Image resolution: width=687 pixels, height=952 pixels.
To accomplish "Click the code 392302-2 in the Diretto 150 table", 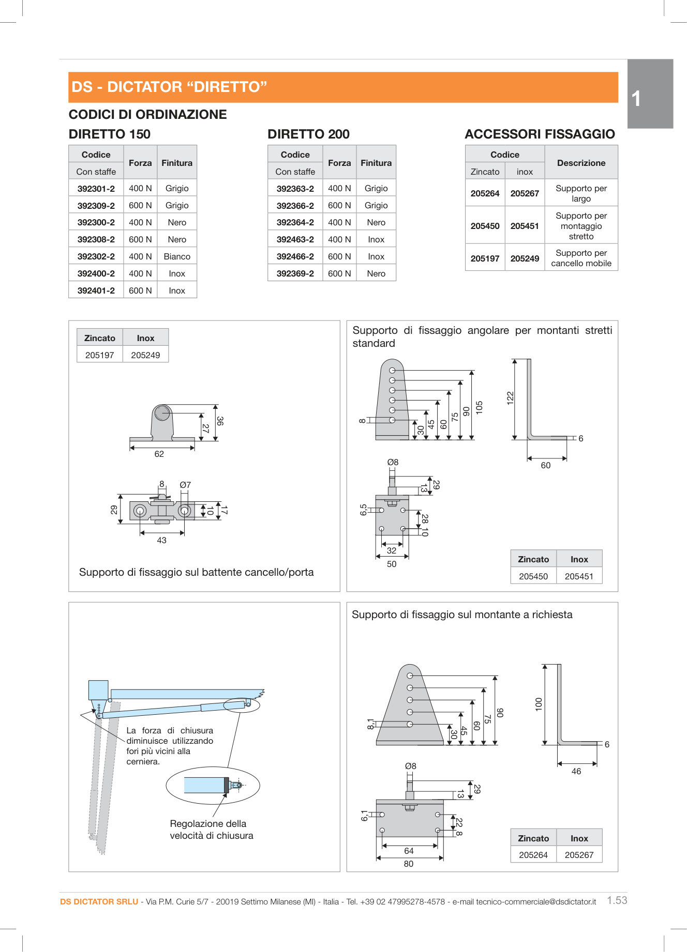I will click(x=96, y=256).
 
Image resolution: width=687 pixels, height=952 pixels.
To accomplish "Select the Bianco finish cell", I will click(x=177, y=256).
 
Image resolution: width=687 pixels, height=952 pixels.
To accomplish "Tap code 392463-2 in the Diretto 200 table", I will click(x=295, y=239).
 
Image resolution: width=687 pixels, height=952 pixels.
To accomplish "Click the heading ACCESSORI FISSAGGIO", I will click(x=540, y=134).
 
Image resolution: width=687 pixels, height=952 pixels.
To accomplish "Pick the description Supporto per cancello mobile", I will click(x=581, y=258).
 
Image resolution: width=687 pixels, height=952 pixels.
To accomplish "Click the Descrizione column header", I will click(x=581, y=163).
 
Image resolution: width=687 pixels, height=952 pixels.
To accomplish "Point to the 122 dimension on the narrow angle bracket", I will click(x=510, y=397).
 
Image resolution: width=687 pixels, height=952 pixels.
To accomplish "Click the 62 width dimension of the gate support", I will click(x=159, y=454).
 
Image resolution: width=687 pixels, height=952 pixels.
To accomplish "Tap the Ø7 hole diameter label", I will click(x=185, y=485).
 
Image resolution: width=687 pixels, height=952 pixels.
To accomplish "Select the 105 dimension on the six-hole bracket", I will click(x=479, y=407).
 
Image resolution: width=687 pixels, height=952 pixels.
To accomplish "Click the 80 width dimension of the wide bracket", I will click(x=409, y=864).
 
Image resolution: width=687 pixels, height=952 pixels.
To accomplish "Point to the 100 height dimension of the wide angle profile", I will click(x=539, y=704).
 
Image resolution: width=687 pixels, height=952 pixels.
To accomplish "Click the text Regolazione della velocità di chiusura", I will click(x=211, y=830).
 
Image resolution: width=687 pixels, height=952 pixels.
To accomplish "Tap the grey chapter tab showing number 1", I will click(x=650, y=94).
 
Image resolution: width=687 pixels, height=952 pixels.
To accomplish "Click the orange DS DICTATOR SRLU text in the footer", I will click(x=99, y=902).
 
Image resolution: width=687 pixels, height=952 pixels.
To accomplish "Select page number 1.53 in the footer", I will click(x=617, y=900).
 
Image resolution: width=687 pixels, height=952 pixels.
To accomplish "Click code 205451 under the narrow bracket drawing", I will click(x=579, y=576).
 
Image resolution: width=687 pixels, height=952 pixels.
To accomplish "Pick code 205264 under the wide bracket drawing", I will click(x=533, y=855).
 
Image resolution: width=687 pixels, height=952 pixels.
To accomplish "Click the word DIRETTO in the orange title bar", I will click(x=226, y=87).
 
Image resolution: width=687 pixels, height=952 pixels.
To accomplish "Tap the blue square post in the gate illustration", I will click(x=98, y=690).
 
